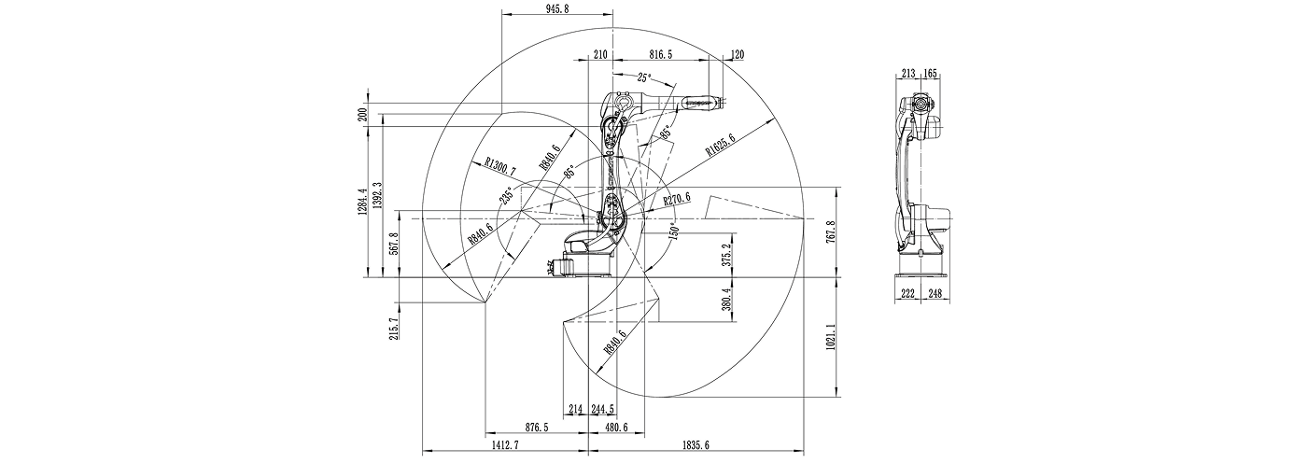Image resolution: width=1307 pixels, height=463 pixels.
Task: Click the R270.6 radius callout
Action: point(677,199)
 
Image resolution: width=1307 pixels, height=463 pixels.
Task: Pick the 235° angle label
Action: point(506,196)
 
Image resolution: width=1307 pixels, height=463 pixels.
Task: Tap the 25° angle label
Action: point(644,78)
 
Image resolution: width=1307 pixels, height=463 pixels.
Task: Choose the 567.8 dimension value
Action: point(393,244)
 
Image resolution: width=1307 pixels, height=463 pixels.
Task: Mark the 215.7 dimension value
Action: point(393,329)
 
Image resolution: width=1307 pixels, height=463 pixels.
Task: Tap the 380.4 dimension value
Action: point(725,299)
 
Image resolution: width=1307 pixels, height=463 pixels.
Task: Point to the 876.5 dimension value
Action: point(536,427)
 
